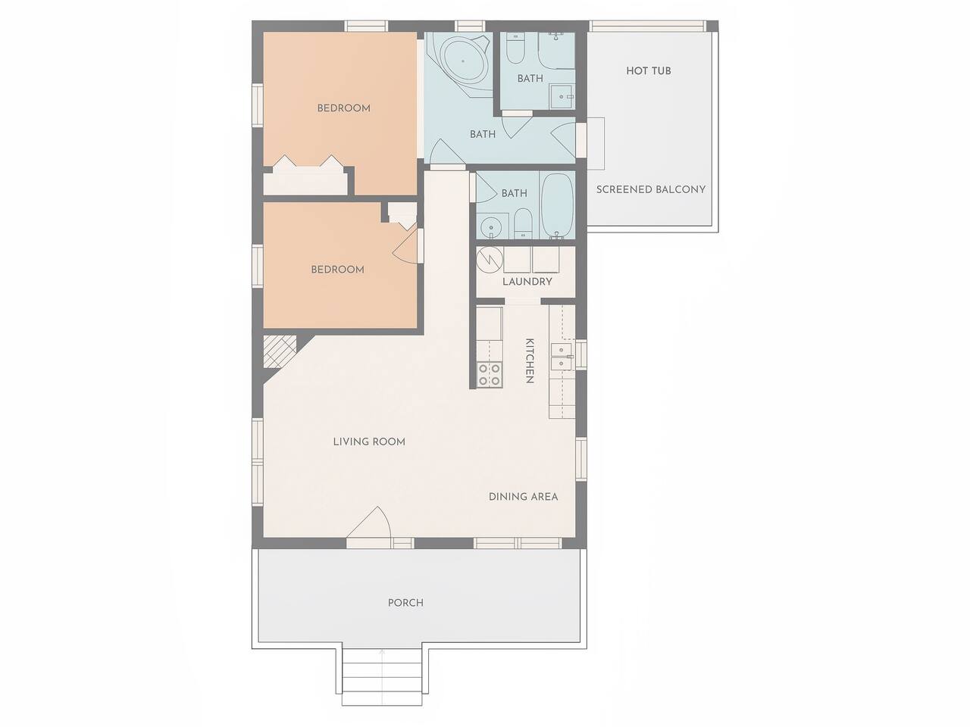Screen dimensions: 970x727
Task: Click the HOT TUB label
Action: pos(648,70)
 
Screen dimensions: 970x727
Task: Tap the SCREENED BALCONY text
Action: pos(650,189)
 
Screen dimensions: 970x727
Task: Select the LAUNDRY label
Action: pos(527,282)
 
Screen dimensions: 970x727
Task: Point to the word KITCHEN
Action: pos(530,360)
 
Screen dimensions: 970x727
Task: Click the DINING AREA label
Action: pos(523,497)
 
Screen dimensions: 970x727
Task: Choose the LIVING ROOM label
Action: pos(369,442)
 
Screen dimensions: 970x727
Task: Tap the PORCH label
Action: pos(405,603)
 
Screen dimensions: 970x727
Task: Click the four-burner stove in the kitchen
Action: pos(490,374)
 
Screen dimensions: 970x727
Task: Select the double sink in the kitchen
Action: pos(562,357)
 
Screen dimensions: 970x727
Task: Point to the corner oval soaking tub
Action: pos(463,61)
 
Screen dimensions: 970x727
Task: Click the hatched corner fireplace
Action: pos(280,352)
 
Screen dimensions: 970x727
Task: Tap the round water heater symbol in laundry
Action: pos(490,260)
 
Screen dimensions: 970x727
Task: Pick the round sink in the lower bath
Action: pos(491,228)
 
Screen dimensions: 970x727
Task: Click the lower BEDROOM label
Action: pos(338,270)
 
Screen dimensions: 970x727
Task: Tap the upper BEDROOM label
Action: pos(344,108)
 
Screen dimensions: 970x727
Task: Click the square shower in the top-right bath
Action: pos(562,97)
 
